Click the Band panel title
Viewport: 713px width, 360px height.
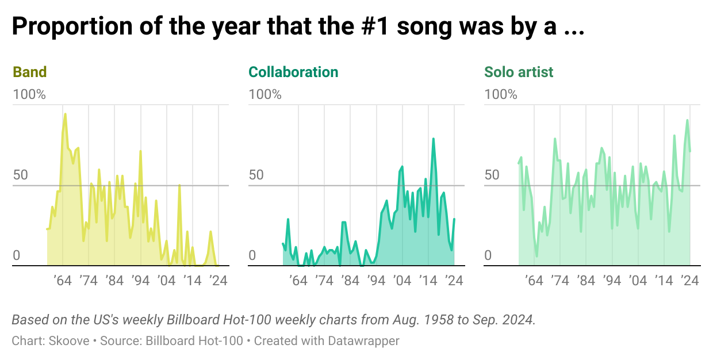pos(29,72)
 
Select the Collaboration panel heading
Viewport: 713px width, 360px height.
pos(293,72)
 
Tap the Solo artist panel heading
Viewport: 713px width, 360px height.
pos(519,72)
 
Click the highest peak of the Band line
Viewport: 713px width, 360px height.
pos(65,114)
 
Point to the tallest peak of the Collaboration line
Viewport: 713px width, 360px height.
pos(434,139)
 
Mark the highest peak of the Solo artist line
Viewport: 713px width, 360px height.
pos(687,120)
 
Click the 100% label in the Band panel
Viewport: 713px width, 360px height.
pos(29,94)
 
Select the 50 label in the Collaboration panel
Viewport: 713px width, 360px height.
pos(256,175)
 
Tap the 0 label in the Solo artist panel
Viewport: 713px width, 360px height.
pos(488,255)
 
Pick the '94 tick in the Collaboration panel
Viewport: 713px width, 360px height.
pos(376,281)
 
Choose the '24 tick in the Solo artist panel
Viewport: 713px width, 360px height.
pos(689,281)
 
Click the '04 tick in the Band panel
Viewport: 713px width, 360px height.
pos(166,281)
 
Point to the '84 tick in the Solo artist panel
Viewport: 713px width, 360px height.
pos(585,281)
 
